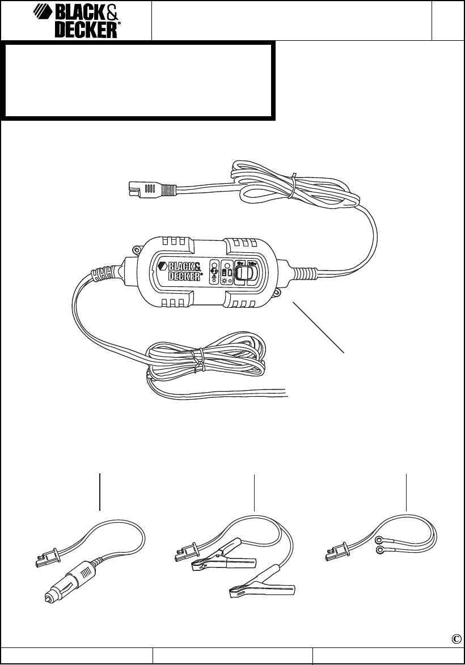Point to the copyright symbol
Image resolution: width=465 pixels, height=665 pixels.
coord(456,638)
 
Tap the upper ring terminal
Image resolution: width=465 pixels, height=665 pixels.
coord(378,540)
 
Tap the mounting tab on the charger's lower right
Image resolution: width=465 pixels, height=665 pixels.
coord(278,292)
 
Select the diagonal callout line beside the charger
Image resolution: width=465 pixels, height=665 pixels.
coord(319,327)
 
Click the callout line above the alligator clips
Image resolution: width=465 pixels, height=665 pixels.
coord(255,491)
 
